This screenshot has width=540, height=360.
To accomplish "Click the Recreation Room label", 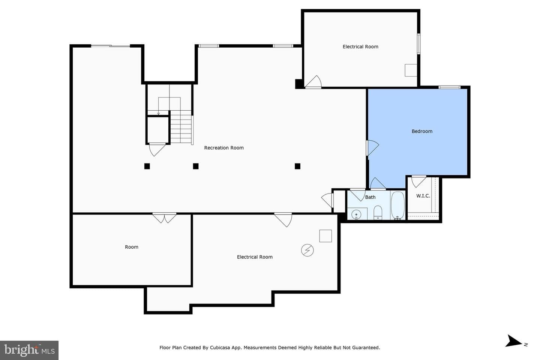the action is [x=224, y=148].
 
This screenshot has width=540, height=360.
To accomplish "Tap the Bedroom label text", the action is [x=422, y=131].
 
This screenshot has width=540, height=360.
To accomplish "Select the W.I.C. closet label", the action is [x=423, y=196].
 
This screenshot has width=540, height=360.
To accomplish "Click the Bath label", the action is [x=370, y=197].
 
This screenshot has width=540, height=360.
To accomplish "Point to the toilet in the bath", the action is [x=378, y=212].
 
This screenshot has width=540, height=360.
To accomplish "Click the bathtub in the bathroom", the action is [x=398, y=205].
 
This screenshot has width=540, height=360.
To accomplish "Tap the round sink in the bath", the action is [x=356, y=214].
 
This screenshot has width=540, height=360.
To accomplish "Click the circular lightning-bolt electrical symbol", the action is [x=307, y=250].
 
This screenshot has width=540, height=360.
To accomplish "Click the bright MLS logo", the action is [x=29, y=350].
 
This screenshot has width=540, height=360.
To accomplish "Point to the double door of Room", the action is [x=164, y=218].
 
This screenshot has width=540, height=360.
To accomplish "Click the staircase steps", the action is [x=181, y=127].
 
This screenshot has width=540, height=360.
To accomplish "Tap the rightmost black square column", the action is [x=297, y=166].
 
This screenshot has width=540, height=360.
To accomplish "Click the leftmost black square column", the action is [x=147, y=166].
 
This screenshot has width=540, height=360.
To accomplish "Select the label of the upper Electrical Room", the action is [x=360, y=47].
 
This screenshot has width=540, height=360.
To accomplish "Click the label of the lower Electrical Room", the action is [x=255, y=257].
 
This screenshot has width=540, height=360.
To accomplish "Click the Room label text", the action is [x=132, y=247].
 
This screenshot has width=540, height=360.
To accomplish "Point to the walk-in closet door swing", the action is [x=419, y=181].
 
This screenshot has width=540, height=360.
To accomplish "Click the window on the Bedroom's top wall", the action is [x=449, y=87].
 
